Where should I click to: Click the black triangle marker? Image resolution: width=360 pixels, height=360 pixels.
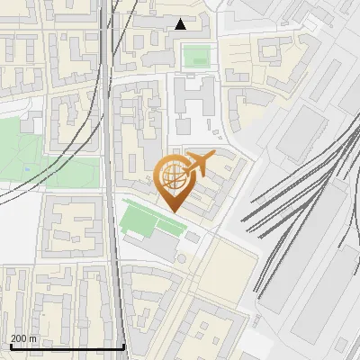click(x=181, y=24)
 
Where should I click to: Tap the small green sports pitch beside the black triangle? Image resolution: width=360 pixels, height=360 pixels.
click(x=196, y=56)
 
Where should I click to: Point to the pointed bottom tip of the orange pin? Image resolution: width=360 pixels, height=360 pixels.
click(x=172, y=211)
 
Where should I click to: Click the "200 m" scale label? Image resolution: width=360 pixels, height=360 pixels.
click(x=24, y=338)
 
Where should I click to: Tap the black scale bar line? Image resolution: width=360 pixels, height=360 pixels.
click(x=67, y=346)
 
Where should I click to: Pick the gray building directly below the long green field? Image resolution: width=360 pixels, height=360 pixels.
click(x=155, y=244)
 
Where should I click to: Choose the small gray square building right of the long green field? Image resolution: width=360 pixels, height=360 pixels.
click(x=193, y=238)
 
